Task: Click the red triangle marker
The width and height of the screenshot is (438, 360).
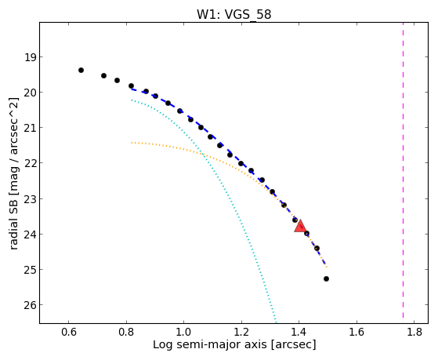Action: click(x=300, y=226)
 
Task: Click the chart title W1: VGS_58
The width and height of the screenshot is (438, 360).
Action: click(x=233, y=15)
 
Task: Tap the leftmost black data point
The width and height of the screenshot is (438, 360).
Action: click(x=81, y=71)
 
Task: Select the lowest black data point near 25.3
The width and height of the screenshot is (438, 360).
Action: click(x=326, y=279)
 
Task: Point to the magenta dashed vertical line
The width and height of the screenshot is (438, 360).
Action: click(x=403, y=170)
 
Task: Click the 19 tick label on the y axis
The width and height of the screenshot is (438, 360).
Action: click(x=31, y=57)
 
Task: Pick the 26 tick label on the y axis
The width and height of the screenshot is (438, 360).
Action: click(x=31, y=305)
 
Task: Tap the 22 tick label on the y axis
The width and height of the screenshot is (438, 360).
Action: click(x=31, y=163)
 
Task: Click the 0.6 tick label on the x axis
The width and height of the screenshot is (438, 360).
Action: click(x=69, y=332)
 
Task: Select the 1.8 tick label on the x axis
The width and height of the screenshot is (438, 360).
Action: click(x=414, y=332)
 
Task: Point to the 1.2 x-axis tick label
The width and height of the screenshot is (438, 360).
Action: click(x=241, y=332)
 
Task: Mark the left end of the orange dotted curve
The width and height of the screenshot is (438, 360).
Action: click(x=132, y=143)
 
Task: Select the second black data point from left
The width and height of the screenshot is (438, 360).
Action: click(x=103, y=75)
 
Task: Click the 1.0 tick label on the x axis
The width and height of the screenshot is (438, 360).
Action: click(x=184, y=332)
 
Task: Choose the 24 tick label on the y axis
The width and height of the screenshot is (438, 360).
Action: click(x=31, y=235)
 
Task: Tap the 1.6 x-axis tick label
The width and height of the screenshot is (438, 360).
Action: click(x=357, y=332)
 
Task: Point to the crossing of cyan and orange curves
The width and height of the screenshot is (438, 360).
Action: click(x=202, y=154)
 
